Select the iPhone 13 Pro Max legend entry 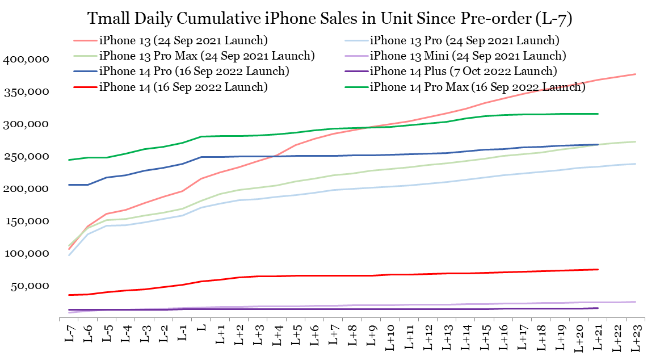point(207,56)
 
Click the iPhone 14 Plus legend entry point(463,71)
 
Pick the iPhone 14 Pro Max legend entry point(477,87)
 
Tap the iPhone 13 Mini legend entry point(468,56)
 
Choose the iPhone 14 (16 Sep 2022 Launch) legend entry point(183,87)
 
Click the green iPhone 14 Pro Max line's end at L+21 point(598,114)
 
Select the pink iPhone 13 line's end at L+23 point(635,74)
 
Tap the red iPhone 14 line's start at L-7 point(69,295)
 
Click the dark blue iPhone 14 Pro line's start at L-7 point(69,185)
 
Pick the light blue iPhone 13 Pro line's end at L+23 point(635,164)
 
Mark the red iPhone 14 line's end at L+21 point(598,269)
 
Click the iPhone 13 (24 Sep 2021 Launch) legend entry point(183,40)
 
